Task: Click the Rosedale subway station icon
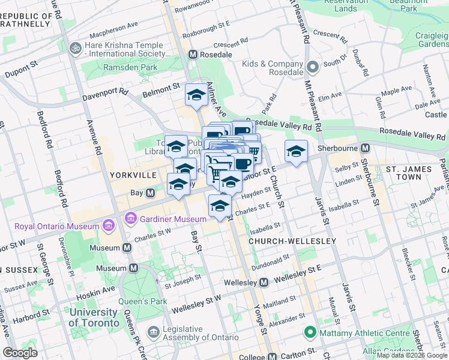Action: [193, 55]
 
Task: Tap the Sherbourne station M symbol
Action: [364, 148]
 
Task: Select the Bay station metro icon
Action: [151, 193]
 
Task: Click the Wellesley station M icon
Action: [264, 282]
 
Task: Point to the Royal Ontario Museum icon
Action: [108, 226]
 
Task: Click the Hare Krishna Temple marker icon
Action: [76, 47]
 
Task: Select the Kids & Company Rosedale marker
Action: [312, 66]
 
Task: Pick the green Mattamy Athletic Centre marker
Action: [310, 331]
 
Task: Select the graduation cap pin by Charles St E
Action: [220, 206]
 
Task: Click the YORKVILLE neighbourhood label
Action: [133, 175]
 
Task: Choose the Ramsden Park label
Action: [129, 68]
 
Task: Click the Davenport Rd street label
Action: [107, 92]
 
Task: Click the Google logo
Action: [21, 353]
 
